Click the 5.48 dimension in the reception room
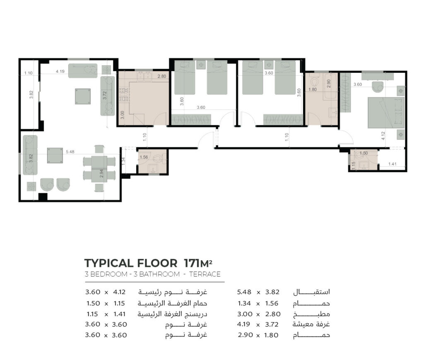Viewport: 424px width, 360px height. click(70, 152)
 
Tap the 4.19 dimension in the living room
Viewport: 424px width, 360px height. click(60, 71)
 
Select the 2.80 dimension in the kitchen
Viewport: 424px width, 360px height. click(162, 76)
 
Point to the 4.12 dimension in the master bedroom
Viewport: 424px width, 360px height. click(383, 136)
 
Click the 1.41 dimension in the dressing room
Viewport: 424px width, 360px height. click(392, 164)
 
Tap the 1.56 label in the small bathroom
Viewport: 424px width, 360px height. click(144, 157)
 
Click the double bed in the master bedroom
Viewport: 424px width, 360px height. click(386, 113)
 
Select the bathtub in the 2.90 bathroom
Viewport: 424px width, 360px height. click(331, 86)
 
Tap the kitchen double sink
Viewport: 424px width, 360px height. click(144, 76)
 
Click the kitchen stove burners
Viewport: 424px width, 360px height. click(124, 94)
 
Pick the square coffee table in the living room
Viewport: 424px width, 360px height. click(83, 96)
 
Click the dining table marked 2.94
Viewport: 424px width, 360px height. click(99, 169)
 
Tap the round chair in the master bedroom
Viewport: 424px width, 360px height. click(378, 87)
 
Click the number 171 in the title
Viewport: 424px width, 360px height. click(192, 263)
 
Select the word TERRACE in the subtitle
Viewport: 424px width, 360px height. click(205, 274)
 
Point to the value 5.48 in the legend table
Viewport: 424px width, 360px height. click(244, 292)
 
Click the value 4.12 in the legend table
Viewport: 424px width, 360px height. click(119, 292)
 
